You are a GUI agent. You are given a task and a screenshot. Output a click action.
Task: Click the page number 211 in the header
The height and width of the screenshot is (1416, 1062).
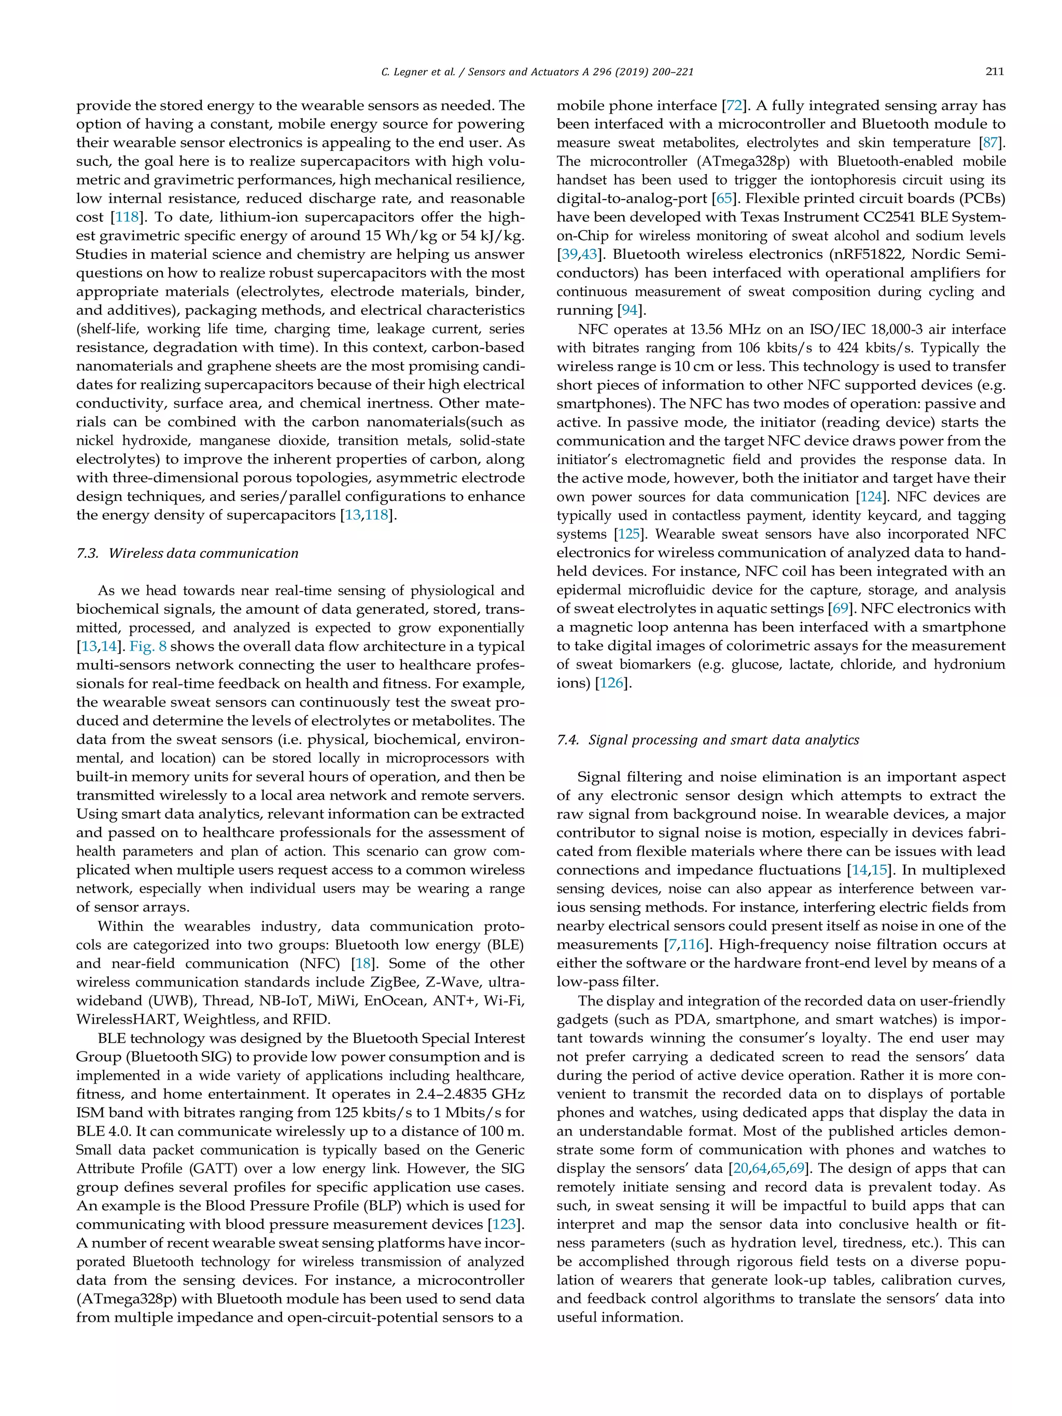point(994,72)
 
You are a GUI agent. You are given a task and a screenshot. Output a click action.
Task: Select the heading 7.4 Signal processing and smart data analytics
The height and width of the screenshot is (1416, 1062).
point(707,740)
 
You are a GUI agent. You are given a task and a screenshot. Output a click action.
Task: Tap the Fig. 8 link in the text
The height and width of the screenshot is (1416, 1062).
point(148,647)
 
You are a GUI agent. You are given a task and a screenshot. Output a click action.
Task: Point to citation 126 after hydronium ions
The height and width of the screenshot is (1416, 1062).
point(611,683)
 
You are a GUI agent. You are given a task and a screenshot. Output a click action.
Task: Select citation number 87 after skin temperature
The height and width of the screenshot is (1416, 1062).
point(990,143)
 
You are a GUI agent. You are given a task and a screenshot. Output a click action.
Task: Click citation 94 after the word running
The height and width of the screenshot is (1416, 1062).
point(629,311)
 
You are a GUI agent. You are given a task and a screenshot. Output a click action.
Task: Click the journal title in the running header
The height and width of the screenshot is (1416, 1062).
point(581,72)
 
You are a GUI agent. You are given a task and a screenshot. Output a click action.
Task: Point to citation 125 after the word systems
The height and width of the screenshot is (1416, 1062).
point(628,535)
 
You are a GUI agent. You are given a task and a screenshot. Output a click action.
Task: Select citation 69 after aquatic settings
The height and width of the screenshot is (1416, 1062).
point(839,609)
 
